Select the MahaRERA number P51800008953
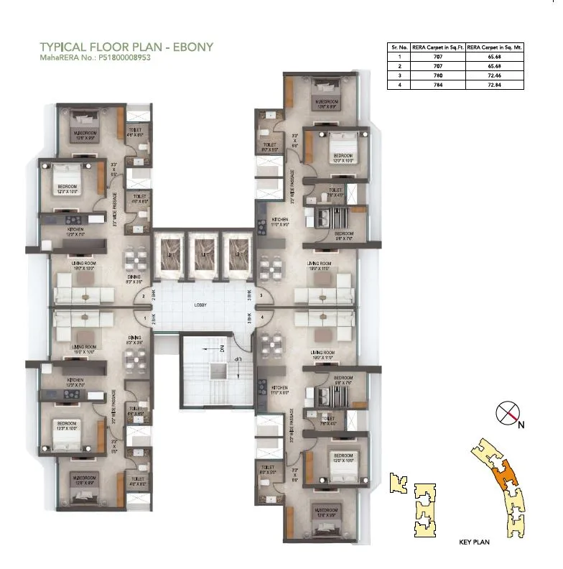(124, 59)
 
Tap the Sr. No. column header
(399, 47)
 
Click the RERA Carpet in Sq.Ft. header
(437, 47)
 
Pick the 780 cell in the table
(437, 75)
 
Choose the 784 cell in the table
(437, 84)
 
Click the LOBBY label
(201, 305)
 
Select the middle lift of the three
(201, 256)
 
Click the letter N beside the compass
(521, 425)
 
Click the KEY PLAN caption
(473, 542)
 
